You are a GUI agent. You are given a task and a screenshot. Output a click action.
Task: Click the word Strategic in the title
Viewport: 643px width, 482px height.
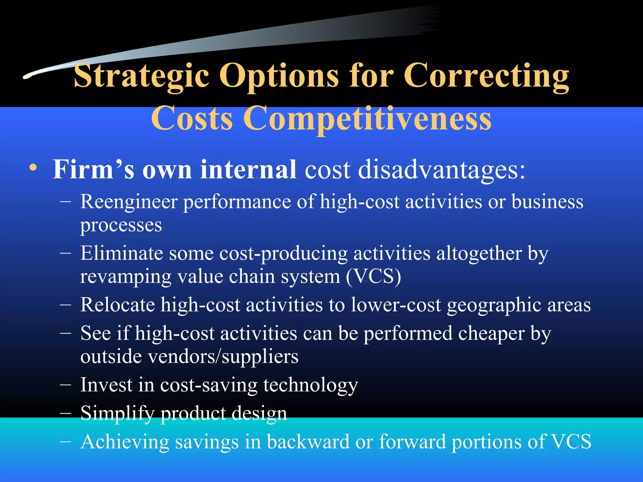(x=141, y=76)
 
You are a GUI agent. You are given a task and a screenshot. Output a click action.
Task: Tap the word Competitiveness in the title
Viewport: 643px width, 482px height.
(x=367, y=119)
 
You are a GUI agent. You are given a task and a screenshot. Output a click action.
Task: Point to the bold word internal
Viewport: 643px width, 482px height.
(x=248, y=169)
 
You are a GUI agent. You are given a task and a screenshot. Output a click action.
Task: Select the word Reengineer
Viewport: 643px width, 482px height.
(x=129, y=202)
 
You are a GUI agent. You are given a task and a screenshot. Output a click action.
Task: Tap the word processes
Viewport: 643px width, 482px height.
(x=121, y=225)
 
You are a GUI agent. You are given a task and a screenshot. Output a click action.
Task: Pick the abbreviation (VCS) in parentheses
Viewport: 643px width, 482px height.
(x=373, y=277)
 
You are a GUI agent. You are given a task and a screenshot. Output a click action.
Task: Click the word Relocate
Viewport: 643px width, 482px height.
(x=117, y=305)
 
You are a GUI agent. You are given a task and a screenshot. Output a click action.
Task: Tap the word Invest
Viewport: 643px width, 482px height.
(x=106, y=385)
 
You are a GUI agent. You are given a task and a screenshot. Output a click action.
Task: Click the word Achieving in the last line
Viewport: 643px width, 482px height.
(x=124, y=442)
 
